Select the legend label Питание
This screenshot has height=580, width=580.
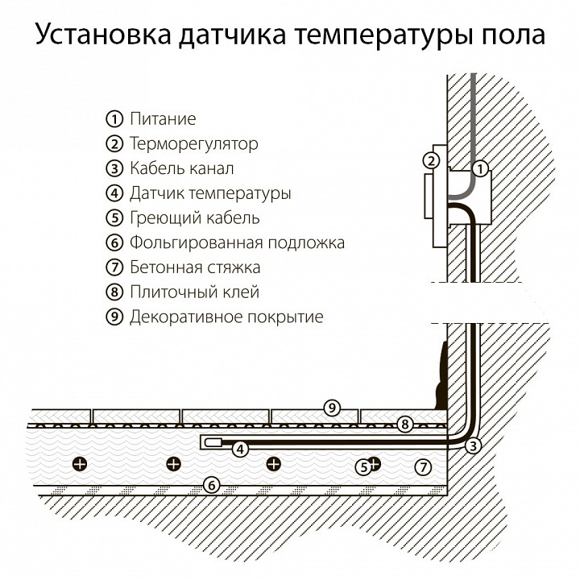[x=163, y=119]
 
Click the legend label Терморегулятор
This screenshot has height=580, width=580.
[x=193, y=144]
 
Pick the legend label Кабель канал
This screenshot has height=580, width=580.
[x=181, y=168]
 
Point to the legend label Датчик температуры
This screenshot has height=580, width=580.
[x=210, y=193]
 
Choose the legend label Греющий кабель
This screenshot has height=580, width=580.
[x=194, y=217]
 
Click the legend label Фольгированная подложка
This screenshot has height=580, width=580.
[x=237, y=242]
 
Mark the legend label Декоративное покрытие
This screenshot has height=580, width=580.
[x=226, y=317]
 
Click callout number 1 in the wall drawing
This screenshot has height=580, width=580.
[x=479, y=169]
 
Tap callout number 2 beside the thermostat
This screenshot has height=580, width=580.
[x=431, y=160]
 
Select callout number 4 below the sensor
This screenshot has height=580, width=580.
[x=239, y=449]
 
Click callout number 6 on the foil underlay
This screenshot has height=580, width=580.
[x=210, y=485]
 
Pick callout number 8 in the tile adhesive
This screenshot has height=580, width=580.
[x=405, y=424]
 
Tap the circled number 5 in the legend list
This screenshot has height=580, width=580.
[x=114, y=217]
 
